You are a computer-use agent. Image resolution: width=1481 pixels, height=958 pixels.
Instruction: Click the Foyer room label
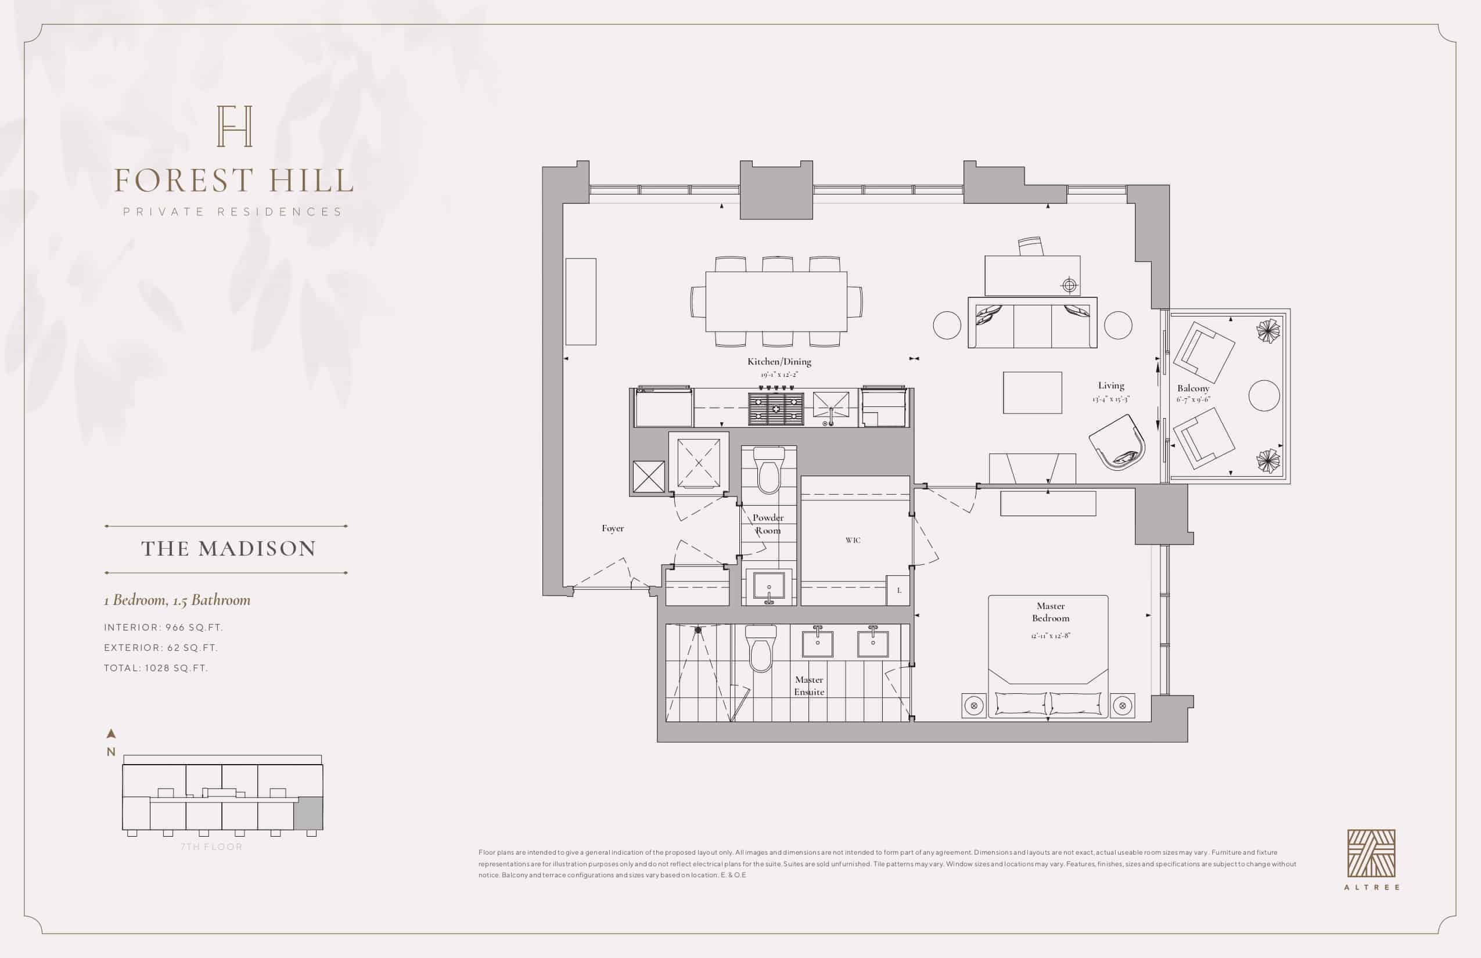[x=612, y=528]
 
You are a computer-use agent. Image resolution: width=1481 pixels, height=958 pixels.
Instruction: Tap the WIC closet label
[x=853, y=540]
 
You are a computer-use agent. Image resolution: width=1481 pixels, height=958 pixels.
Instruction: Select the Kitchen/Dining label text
[x=779, y=361]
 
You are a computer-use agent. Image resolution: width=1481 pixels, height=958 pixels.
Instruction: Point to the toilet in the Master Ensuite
[x=761, y=648]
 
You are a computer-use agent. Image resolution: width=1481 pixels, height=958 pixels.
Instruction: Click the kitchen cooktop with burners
[x=775, y=408]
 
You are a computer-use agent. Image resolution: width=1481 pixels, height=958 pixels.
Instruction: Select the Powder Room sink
[x=768, y=586]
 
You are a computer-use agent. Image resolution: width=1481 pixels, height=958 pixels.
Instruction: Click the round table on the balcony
[x=1264, y=395]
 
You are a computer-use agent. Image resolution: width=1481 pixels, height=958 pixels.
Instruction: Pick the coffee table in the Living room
[x=1033, y=392]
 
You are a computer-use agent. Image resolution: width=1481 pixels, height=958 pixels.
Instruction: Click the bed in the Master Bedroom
[x=1048, y=656]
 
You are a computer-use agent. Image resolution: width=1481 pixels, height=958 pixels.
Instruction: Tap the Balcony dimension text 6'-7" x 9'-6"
[x=1193, y=399]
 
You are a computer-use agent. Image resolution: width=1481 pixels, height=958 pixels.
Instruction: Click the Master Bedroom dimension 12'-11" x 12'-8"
[x=1051, y=636]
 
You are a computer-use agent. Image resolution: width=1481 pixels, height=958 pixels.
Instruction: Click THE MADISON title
[x=228, y=549]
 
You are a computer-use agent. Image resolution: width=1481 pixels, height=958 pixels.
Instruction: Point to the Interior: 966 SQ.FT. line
[x=163, y=627]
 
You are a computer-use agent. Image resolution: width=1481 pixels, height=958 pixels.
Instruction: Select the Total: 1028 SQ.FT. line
[x=156, y=668]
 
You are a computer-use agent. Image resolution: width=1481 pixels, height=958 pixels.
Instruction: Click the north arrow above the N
[x=112, y=733]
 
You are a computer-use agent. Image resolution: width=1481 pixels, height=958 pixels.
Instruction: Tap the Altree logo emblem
[x=1371, y=853]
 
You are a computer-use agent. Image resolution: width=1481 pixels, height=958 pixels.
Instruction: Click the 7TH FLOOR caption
[x=211, y=847]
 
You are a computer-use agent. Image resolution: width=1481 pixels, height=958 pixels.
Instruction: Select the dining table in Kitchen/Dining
[x=776, y=302]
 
